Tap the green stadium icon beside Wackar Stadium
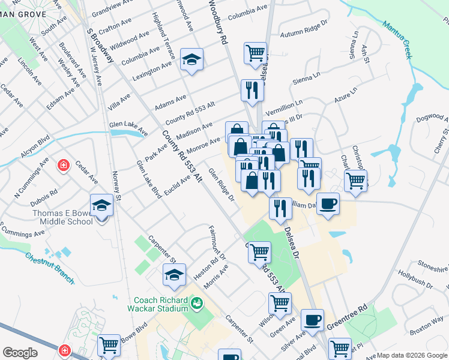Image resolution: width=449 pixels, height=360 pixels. pos(197,305)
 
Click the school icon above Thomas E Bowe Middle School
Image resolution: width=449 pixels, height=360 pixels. pos(101,205)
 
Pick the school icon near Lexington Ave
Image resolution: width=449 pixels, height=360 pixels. pos(191,59)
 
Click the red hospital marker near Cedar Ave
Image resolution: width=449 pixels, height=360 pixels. pos(62,165)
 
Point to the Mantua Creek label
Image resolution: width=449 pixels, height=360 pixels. pos(398,39)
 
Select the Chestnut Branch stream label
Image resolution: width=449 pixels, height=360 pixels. pos(49,268)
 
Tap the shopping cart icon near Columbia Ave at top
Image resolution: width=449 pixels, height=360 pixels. pos(255,53)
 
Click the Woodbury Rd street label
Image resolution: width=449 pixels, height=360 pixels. pos(217,22)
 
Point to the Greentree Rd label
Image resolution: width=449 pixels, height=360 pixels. pos(346,319)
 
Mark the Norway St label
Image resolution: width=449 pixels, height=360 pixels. pos(116,185)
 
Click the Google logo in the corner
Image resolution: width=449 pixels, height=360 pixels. pos(20,353)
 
